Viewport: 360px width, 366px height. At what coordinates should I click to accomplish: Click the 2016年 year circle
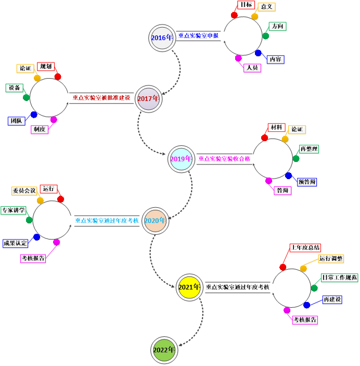[162, 38]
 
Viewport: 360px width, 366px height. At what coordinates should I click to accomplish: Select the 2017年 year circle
[149, 99]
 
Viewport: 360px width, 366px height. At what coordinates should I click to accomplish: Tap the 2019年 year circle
[182, 159]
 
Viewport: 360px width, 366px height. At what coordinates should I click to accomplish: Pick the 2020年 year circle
[156, 221]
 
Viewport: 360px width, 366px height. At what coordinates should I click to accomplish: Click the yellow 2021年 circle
[189, 287]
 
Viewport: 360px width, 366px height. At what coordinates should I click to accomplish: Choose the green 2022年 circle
[164, 350]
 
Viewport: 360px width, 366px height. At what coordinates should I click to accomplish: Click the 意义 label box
[267, 7]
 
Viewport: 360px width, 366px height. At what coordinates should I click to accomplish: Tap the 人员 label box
[252, 68]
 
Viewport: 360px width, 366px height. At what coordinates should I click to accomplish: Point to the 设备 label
[15, 88]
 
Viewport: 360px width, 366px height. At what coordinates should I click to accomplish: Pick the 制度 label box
[40, 129]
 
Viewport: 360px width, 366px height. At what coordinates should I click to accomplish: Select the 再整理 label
[309, 149]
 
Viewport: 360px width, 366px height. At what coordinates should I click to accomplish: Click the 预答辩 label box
[307, 182]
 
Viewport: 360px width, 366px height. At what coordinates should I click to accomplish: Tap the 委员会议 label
[24, 191]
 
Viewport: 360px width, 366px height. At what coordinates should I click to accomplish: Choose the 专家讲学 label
[13, 210]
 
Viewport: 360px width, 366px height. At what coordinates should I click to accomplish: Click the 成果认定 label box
[16, 243]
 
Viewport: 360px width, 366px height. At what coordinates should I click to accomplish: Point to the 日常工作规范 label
[339, 277]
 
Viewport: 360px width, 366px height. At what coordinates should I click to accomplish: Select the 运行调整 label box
[331, 258]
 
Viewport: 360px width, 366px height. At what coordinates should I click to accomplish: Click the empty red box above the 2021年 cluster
[305, 248]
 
